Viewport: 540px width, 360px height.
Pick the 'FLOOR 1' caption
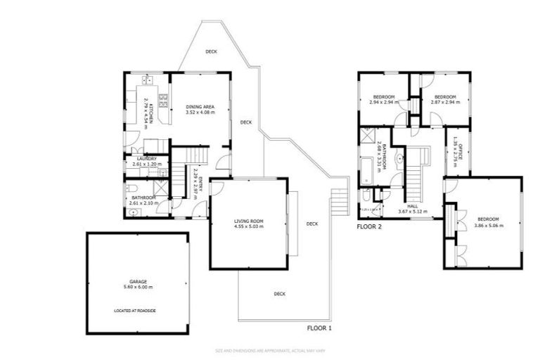click(x=319, y=328)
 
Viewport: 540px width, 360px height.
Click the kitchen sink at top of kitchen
click(x=148, y=79)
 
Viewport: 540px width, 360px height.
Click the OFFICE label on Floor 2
click(x=458, y=150)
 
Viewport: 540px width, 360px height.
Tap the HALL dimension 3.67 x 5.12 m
click(x=413, y=211)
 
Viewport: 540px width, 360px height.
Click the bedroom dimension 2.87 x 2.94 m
click(x=444, y=102)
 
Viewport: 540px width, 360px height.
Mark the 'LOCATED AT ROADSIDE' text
click(x=136, y=309)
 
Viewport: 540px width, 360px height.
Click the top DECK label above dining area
click(x=211, y=51)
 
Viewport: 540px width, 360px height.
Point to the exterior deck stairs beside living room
click(x=339, y=201)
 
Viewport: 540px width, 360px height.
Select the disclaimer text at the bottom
click(x=270, y=349)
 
